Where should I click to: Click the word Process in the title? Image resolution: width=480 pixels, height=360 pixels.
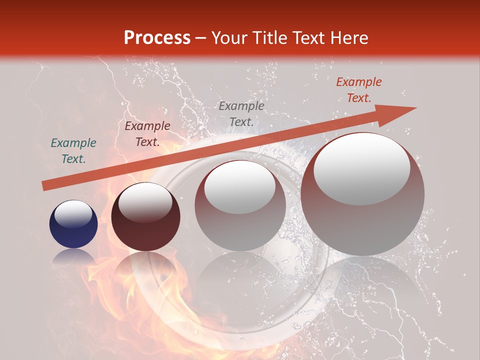(157, 38)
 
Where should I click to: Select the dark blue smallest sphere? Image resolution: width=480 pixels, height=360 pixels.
(73, 224)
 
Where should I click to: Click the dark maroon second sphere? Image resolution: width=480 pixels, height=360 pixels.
(145, 217)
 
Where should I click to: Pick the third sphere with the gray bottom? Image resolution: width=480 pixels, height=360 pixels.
(240, 205)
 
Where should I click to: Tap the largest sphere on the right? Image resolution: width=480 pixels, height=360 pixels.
(362, 194)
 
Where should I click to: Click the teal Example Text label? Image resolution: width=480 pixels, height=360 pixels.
(73, 151)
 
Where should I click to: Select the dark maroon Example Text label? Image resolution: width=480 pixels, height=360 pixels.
(147, 134)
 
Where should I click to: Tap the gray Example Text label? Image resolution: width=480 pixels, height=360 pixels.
(241, 114)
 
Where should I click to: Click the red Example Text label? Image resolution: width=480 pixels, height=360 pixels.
(358, 90)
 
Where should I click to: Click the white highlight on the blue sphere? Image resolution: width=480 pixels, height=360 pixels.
(73, 214)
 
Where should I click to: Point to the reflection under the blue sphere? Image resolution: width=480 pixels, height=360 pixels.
(73, 257)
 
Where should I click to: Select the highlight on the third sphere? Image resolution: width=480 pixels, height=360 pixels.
(239, 186)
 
